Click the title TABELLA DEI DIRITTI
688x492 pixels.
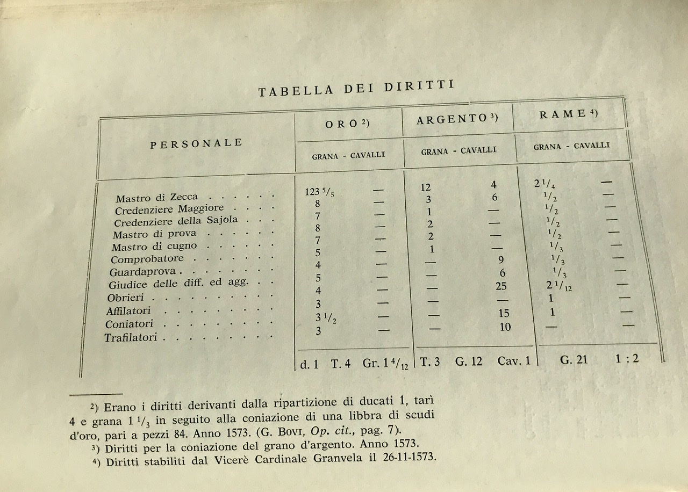[356, 88]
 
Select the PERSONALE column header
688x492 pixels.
[196, 143]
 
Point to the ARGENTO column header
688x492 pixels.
[457, 119]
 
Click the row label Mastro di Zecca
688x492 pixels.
[156, 198]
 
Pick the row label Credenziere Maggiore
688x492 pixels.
[169, 209]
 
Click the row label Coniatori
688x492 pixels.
[129, 324]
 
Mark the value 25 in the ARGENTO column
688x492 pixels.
[501, 286]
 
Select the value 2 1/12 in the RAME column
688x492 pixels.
[559, 286]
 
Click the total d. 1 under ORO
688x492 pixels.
[309, 364]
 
